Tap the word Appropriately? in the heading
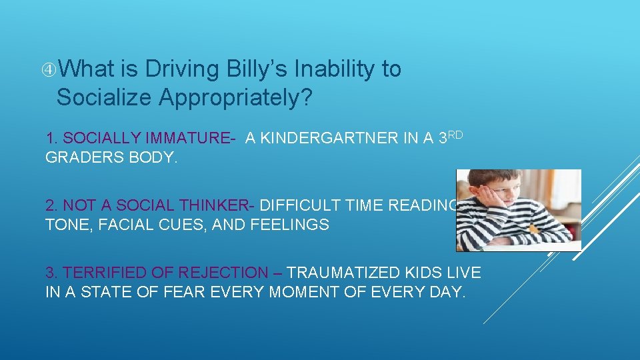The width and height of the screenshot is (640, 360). coord(235,97)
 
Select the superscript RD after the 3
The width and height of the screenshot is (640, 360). coord(455,134)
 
